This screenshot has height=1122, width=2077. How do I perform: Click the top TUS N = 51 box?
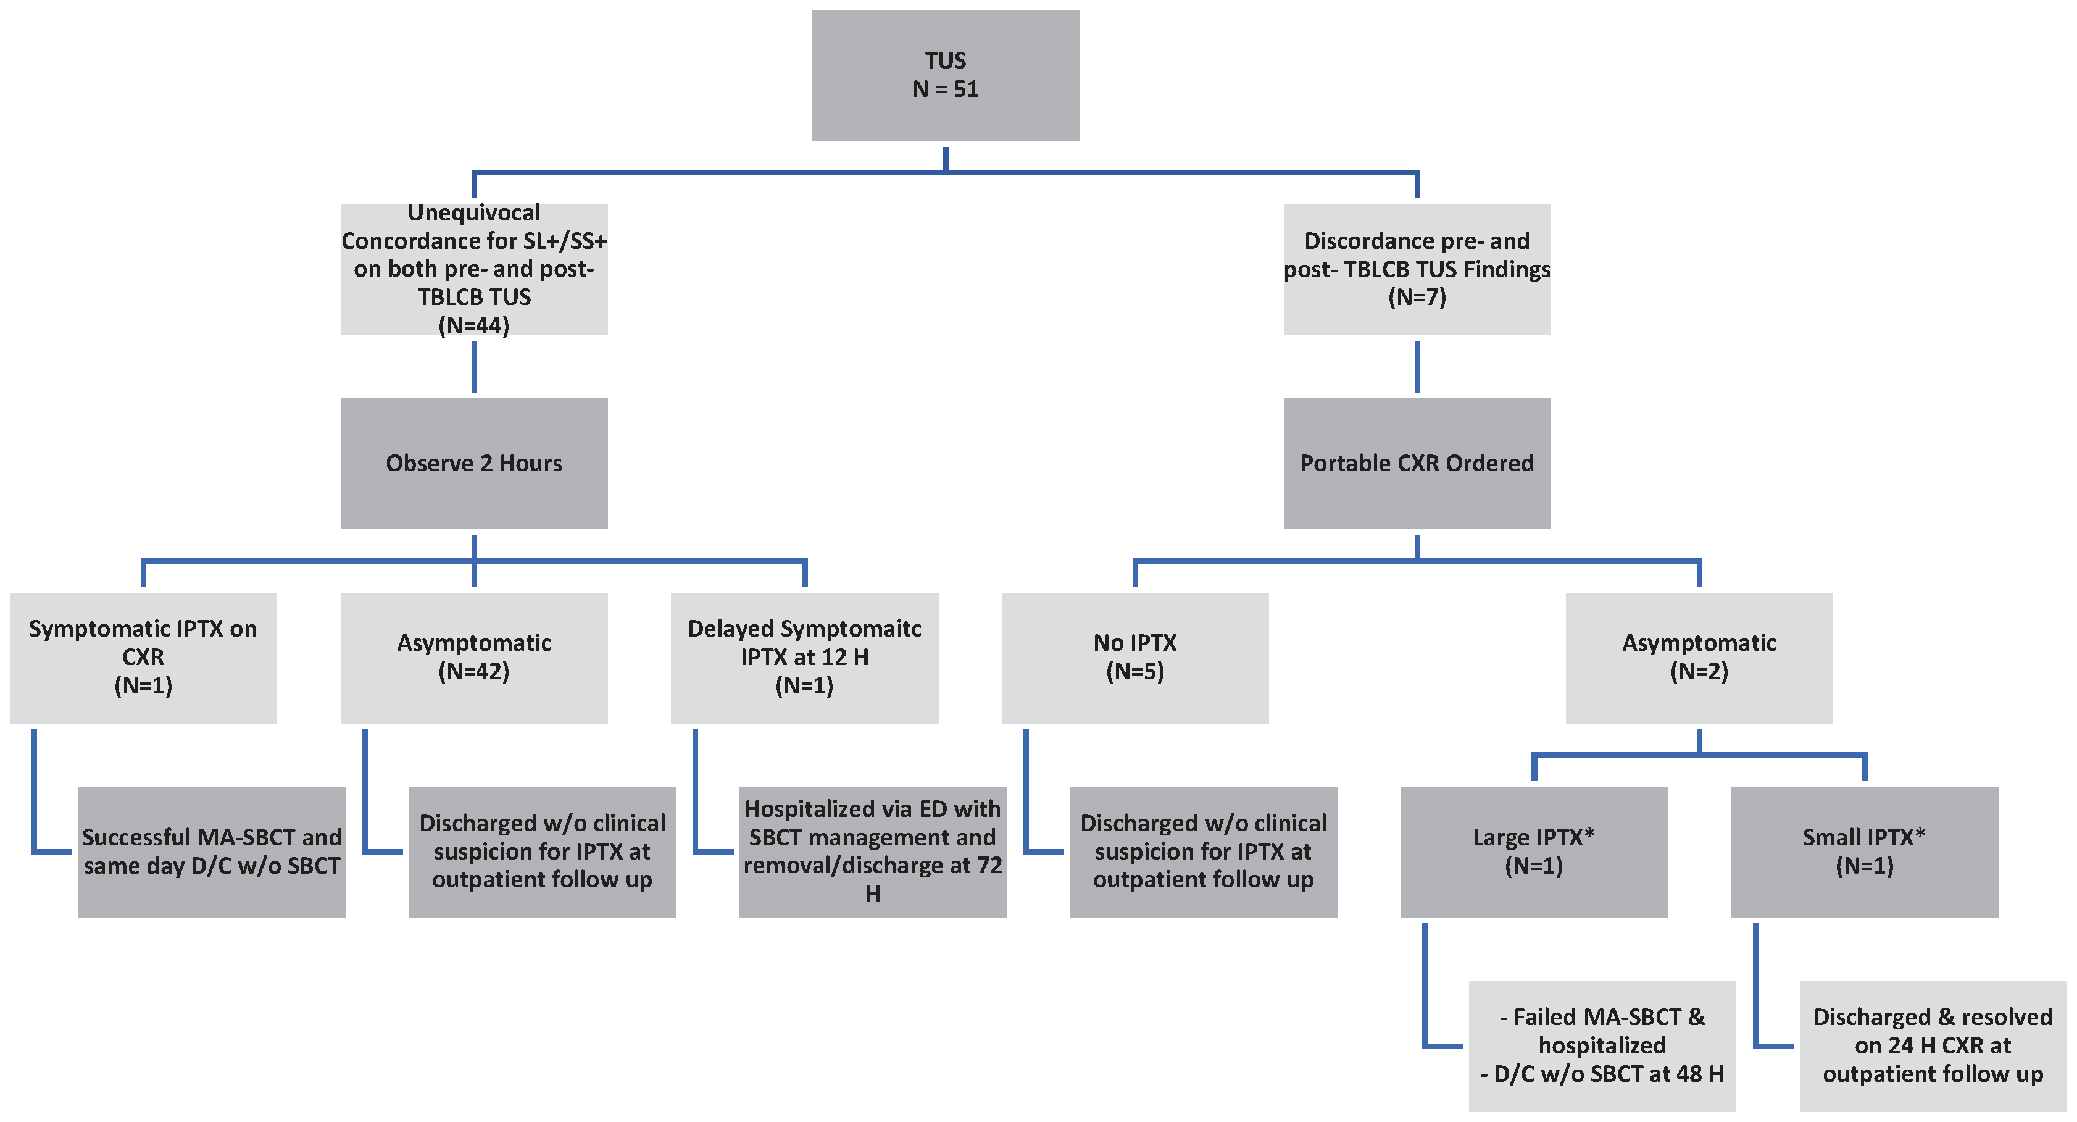(945, 75)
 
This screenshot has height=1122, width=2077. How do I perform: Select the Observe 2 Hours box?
(473, 463)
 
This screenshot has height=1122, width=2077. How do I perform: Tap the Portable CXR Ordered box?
(1417, 463)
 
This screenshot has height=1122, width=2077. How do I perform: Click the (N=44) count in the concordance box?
(473, 325)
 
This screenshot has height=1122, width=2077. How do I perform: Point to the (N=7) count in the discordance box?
(1417, 297)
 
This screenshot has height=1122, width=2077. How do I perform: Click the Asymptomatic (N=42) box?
(473, 658)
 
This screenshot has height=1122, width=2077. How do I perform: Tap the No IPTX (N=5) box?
(1134, 658)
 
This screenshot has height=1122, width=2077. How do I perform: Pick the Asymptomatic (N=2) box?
(1699, 658)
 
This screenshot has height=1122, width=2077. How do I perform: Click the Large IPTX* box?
(1534, 851)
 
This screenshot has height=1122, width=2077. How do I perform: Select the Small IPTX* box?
(1864, 851)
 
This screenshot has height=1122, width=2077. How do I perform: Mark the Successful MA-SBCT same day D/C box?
(211, 851)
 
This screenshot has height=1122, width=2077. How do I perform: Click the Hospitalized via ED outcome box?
(872, 851)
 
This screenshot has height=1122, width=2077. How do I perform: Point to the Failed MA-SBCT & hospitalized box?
(1602, 1045)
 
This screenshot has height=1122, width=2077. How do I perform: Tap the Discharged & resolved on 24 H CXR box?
(1933, 1045)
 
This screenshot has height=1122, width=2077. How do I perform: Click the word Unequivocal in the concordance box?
(473, 213)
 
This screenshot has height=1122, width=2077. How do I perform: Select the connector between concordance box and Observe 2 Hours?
(473, 366)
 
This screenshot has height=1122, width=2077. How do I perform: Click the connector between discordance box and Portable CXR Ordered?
(1417, 366)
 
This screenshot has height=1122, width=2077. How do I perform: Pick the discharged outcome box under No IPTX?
(1203, 851)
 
